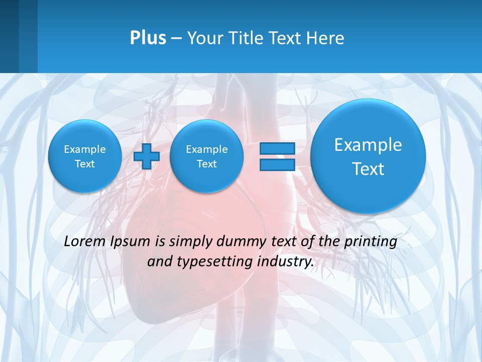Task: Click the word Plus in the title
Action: (x=148, y=38)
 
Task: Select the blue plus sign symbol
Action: (x=147, y=156)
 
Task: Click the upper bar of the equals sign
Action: (x=277, y=148)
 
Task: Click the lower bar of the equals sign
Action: (x=277, y=165)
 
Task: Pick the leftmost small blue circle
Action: (x=85, y=156)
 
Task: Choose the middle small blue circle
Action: (x=206, y=156)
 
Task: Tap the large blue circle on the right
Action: (x=368, y=156)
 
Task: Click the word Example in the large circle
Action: (x=368, y=145)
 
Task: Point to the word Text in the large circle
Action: (x=368, y=169)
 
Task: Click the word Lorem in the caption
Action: (x=84, y=241)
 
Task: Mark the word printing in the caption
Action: (x=371, y=242)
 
